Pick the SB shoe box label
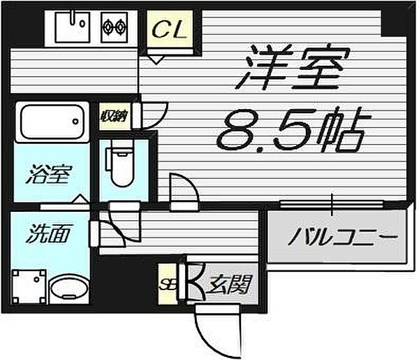166,284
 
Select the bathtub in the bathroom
52,122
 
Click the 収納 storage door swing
155,113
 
